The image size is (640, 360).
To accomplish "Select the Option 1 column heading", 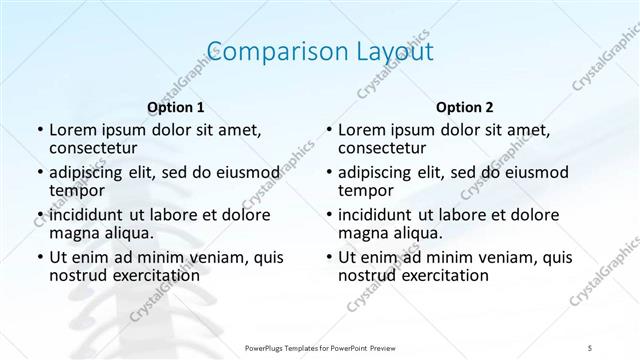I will pyautogui.click(x=175, y=106).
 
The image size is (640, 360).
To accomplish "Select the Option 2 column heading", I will pyautogui.click(x=464, y=106).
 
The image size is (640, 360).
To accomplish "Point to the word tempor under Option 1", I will pyautogui.click(x=76, y=190).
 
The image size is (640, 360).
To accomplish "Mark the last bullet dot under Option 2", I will pyautogui.click(x=328, y=258).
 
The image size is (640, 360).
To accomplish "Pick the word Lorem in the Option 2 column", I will pyautogui.click(x=362, y=130).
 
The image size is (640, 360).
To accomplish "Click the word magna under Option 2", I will pyautogui.click(x=363, y=232).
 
